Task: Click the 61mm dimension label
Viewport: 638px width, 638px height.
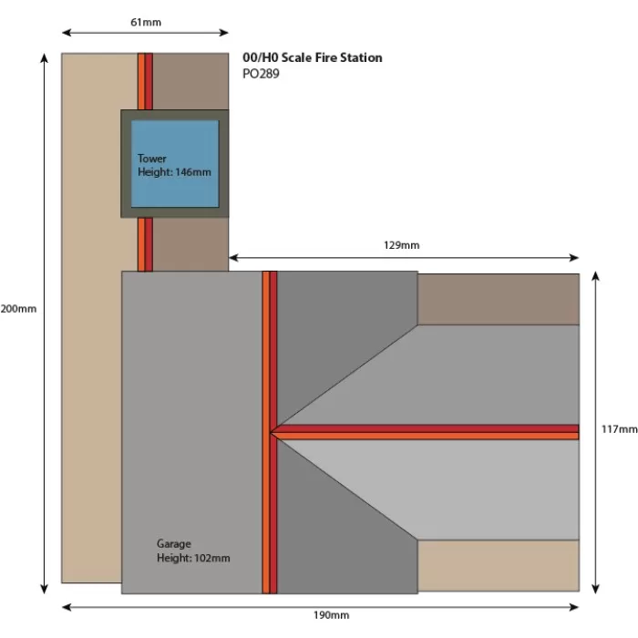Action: click(x=146, y=22)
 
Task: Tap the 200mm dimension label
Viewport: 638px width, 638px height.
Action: click(x=18, y=309)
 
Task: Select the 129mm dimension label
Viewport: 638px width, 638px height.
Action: click(x=403, y=245)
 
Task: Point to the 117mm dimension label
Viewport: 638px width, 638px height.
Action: click(x=621, y=428)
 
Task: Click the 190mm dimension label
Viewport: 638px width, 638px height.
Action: click(x=331, y=616)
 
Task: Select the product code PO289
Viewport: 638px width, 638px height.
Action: click(x=262, y=74)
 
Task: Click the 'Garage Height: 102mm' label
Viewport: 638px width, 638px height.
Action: click(x=193, y=551)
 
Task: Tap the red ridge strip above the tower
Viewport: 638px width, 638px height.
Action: click(x=145, y=81)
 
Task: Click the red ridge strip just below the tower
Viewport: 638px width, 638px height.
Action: click(x=145, y=244)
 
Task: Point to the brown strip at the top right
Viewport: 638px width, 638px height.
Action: click(x=498, y=298)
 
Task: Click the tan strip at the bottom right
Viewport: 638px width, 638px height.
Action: click(x=498, y=565)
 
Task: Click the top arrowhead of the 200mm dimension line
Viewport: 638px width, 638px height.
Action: click(x=43, y=57)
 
